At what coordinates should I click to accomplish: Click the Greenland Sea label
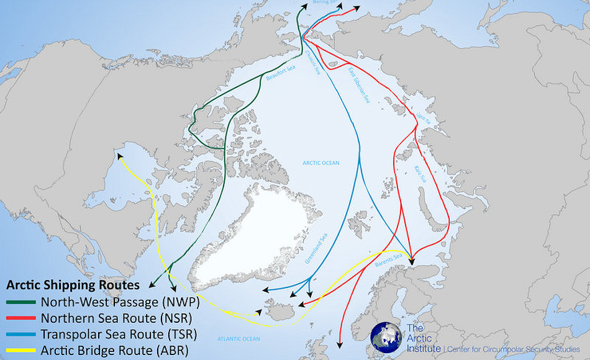click(x=315, y=249)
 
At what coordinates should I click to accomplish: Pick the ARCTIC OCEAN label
click(x=321, y=163)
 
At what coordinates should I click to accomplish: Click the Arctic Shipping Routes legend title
click(x=72, y=286)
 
